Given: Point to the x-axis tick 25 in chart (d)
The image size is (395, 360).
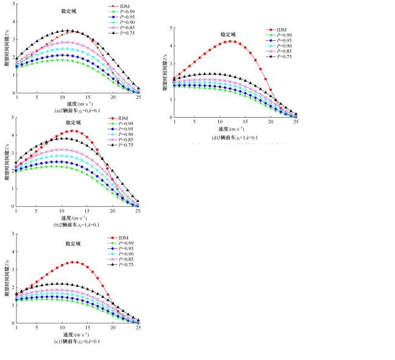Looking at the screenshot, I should pyautogui.click(x=296, y=123).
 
